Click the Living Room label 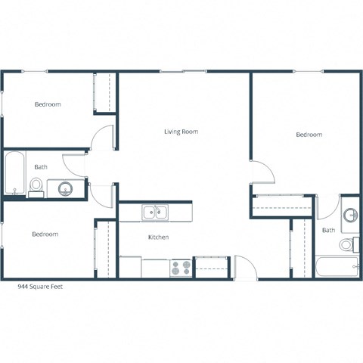(181, 132)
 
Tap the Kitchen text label (158, 237)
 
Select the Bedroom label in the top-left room (48, 104)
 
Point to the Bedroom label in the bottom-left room (45, 234)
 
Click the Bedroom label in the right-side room (309, 135)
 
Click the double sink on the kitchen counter (157, 213)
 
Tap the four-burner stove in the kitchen (181, 268)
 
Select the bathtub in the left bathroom (14, 174)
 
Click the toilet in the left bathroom (36, 186)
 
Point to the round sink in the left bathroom (64, 188)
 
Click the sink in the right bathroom (350, 216)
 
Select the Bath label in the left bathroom (41, 167)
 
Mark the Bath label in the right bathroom (328, 230)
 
